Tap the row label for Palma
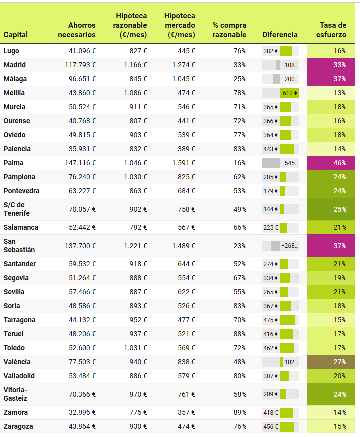pyautogui.click(x=13, y=163)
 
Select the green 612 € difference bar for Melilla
pyautogui.click(x=289, y=93)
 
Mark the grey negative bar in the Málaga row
pyautogui.click(x=276, y=79)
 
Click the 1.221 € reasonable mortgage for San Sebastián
pyautogui.click(x=135, y=246)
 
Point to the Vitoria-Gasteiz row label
pyautogui.click(x=16, y=394)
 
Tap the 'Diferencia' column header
pyautogui.click(x=280, y=35)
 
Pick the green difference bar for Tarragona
pyautogui.click(x=287, y=320)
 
